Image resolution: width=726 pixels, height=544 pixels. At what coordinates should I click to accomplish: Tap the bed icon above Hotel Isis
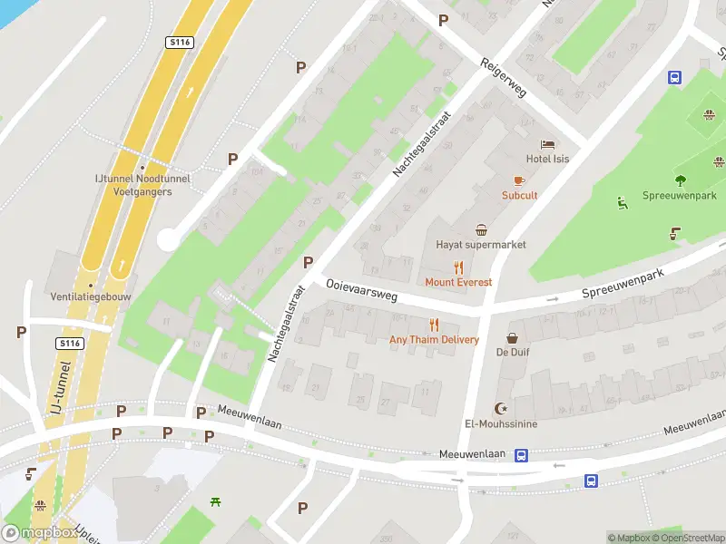click(546, 144)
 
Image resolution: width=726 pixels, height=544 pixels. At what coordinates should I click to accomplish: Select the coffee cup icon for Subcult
click(519, 180)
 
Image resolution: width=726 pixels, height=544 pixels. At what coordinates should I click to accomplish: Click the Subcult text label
click(519, 195)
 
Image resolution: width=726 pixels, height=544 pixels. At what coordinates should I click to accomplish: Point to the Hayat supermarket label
click(481, 245)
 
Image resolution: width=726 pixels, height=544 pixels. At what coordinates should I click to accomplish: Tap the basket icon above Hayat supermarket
click(481, 229)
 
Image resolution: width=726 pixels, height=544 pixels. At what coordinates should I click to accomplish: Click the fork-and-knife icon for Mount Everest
click(458, 267)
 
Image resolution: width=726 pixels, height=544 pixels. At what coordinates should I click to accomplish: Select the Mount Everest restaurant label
click(458, 282)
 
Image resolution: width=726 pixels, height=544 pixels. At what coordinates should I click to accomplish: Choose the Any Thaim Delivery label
click(434, 339)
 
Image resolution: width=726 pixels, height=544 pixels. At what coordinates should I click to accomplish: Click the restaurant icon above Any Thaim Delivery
click(434, 325)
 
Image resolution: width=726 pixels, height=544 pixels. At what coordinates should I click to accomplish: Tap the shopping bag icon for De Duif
click(512, 337)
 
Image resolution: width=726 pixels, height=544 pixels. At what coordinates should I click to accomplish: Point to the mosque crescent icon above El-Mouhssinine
click(498, 408)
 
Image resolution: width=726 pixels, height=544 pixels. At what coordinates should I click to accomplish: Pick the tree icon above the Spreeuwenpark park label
click(680, 180)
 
